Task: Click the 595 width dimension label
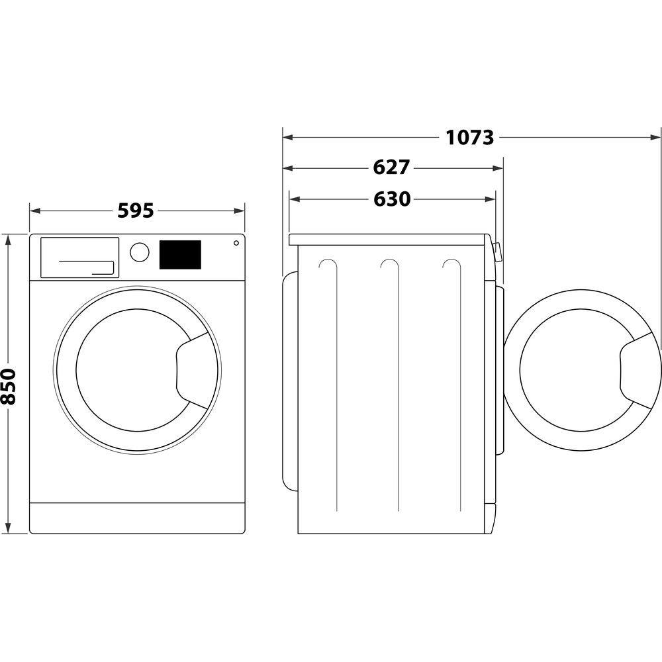click(136, 211)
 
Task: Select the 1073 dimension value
click(469, 138)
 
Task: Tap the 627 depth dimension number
click(391, 167)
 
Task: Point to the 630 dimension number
click(391, 199)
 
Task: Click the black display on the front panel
click(180, 255)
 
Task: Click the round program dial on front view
click(140, 252)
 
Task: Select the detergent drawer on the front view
click(79, 257)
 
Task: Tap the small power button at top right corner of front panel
click(236, 243)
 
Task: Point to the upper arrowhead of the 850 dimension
click(9, 239)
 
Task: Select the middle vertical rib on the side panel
click(397, 384)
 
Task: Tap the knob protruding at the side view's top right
click(497, 252)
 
